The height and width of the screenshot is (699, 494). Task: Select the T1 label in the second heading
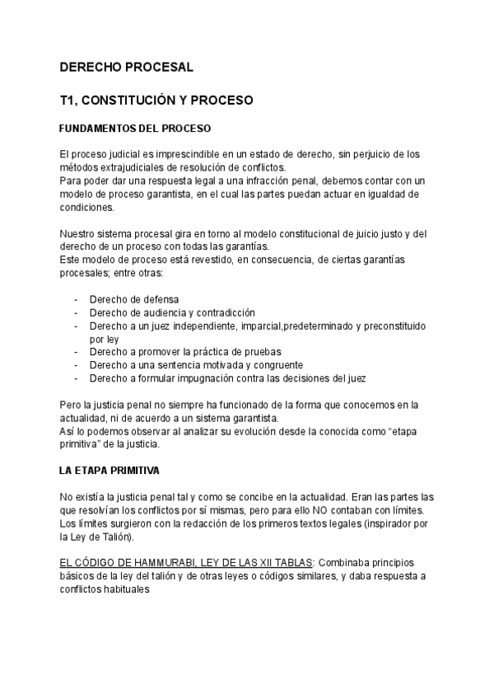tap(68, 101)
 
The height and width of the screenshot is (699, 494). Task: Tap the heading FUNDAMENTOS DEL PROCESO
tap(136, 129)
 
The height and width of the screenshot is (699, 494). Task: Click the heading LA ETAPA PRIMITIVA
tap(110, 471)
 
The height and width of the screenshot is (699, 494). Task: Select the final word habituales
tap(123, 590)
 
